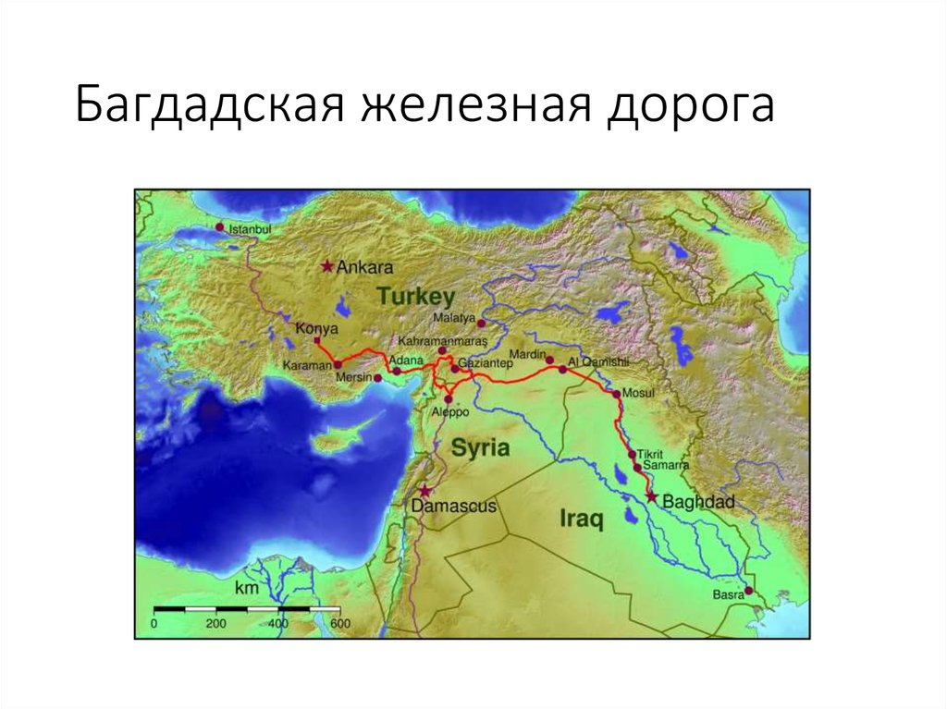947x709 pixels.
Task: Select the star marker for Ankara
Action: coord(326,266)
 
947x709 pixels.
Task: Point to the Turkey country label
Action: coord(415,297)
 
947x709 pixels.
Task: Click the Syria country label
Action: coord(480,449)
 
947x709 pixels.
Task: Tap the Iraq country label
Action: coord(582,520)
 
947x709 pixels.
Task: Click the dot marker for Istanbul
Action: coord(220,226)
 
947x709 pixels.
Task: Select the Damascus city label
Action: coord(454,507)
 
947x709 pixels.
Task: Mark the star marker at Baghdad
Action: coord(652,497)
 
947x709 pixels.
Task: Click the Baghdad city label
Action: coord(698,501)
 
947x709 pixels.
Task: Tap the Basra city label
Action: coord(728,595)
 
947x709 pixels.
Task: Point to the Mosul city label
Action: coord(638,393)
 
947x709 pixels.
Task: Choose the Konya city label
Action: coord(316,328)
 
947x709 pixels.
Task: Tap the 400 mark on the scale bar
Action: coord(278,624)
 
